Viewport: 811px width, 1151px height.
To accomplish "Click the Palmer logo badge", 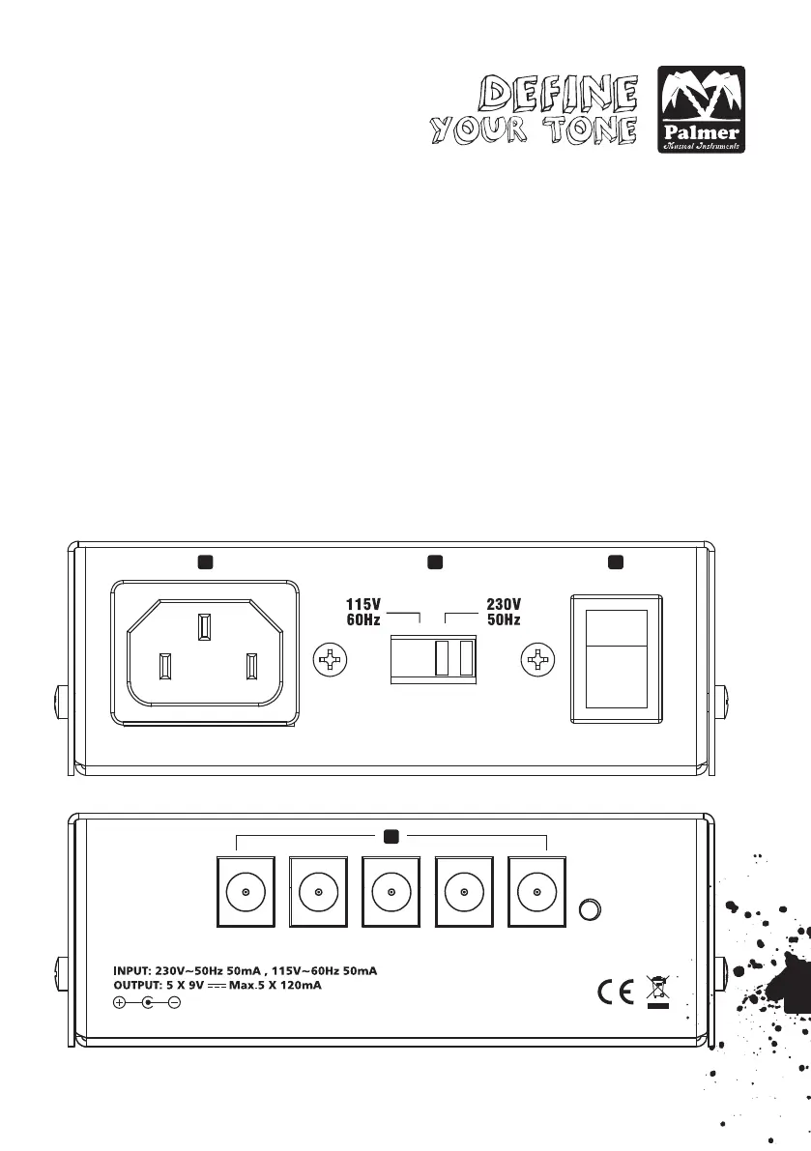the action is click(x=701, y=110).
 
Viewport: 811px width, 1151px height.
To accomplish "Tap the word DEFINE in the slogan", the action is click(x=562, y=95).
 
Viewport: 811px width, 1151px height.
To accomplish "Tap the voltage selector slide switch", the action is click(x=433, y=657).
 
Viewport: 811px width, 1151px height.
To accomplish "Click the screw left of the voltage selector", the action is click(x=332, y=661).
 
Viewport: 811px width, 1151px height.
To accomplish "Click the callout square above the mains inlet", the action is click(x=204, y=561).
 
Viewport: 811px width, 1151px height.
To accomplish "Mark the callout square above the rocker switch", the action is click(x=614, y=561).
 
